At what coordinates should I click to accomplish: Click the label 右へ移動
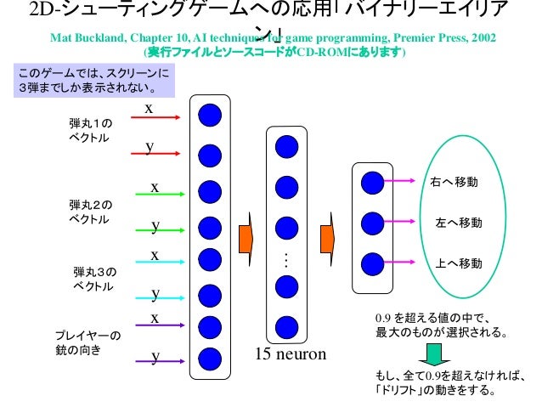pos(454,183)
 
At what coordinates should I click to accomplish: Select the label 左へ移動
pos(458,223)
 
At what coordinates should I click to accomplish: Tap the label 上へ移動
pos(459,263)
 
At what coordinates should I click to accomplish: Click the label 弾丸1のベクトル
pos(90,130)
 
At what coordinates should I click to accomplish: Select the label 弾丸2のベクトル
pos(90,212)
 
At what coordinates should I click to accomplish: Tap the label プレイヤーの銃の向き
pos(88,342)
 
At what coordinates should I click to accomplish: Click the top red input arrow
pos(157,116)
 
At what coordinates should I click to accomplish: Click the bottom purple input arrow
pos(158,361)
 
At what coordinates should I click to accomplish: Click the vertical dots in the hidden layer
pos(286,262)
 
